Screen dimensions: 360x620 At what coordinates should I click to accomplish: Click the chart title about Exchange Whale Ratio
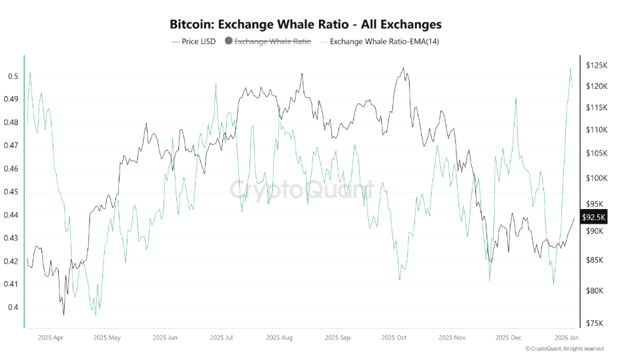pyautogui.click(x=306, y=25)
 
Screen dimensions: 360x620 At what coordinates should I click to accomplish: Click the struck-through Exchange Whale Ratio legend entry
pyautogui.click(x=272, y=41)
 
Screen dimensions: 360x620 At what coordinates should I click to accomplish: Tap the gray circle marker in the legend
pyautogui.click(x=229, y=41)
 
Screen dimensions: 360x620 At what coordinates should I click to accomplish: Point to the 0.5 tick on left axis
pyautogui.click(x=13, y=77)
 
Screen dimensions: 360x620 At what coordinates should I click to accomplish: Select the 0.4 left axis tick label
pyautogui.click(x=13, y=308)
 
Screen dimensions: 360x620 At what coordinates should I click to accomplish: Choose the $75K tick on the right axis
pyautogui.click(x=596, y=323)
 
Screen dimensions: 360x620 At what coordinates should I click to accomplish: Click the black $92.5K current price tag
pyautogui.click(x=593, y=217)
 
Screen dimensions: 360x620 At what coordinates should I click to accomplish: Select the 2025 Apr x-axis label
pyautogui.click(x=51, y=338)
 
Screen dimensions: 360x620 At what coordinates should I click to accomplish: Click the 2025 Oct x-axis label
pyautogui.click(x=392, y=338)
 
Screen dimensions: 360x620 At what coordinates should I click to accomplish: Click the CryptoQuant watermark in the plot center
pyautogui.click(x=302, y=190)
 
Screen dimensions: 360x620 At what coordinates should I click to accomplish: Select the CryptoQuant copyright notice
pyautogui.click(x=565, y=349)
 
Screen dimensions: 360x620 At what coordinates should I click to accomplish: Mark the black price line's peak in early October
pyautogui.click(x=403, y=67)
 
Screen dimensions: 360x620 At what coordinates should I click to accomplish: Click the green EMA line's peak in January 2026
pyautogui.click(x=570, y=68)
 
